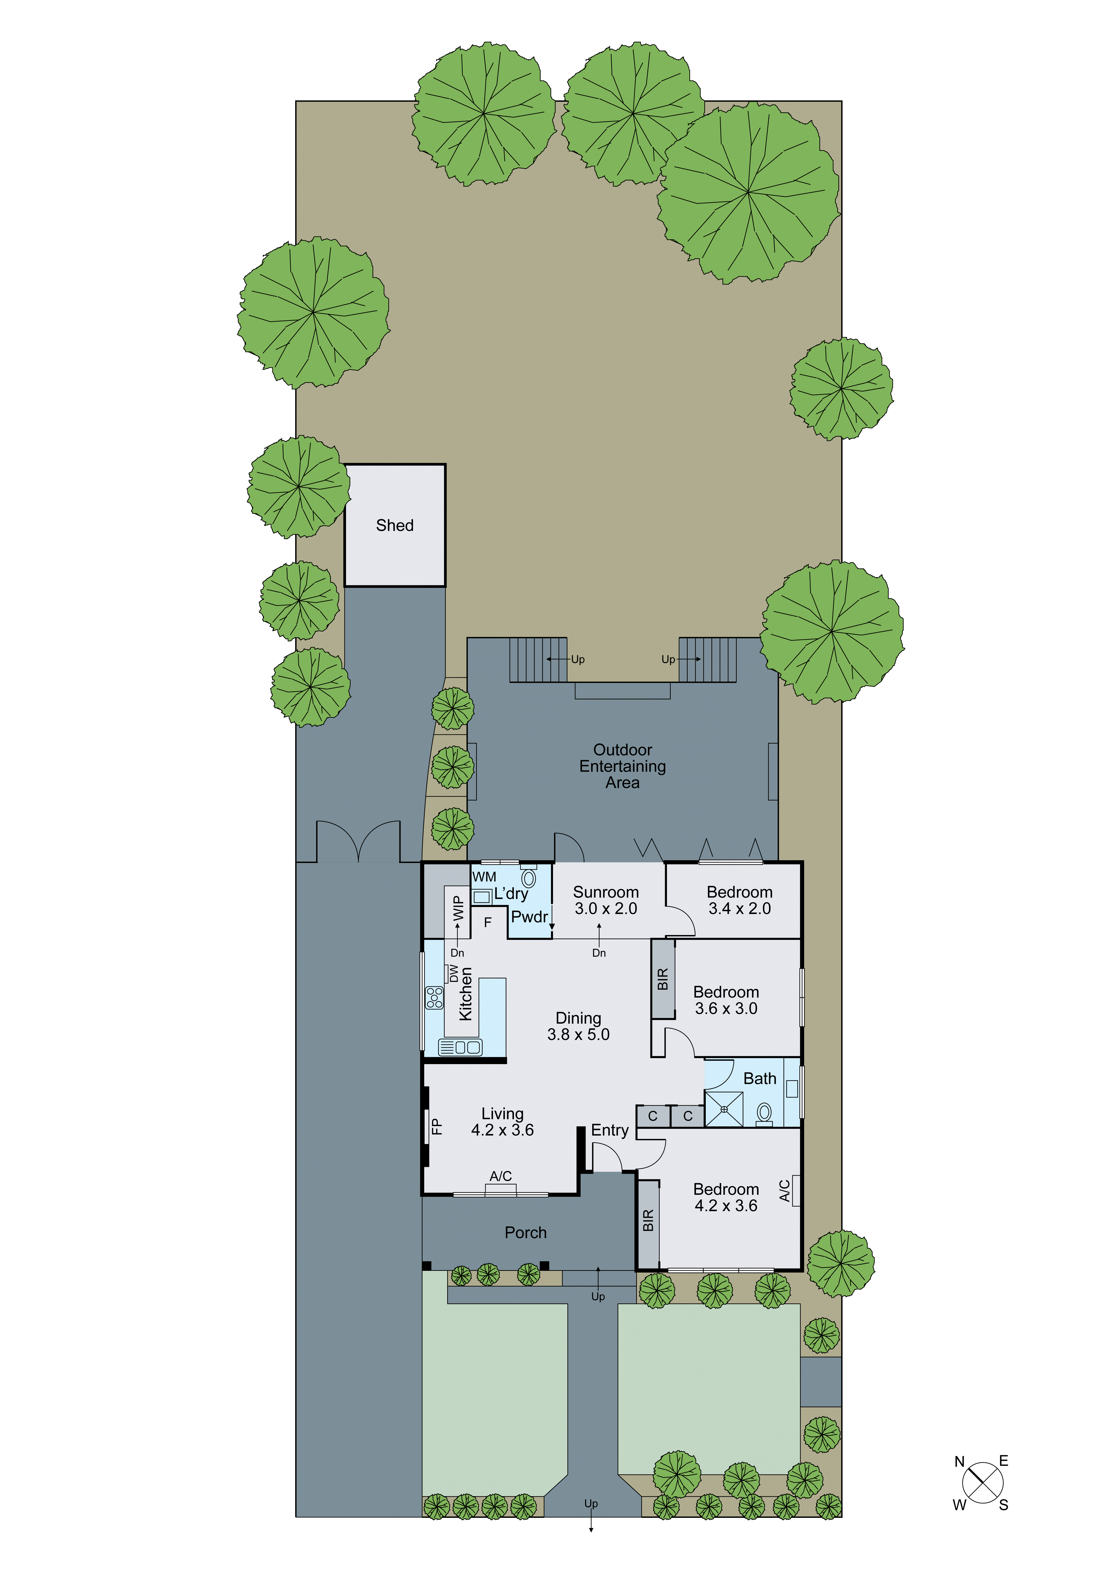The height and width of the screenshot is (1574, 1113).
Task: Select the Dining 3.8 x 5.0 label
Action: click(x=578, y=1026)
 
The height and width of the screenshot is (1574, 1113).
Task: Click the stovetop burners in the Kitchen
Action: click(x=434, y=998)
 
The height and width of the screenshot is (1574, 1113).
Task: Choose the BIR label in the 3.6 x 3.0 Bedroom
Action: click(x=662, y=979)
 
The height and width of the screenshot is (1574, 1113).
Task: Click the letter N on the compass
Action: click(x=960, y=1462)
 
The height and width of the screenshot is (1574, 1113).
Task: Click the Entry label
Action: click(x=610, y=1131)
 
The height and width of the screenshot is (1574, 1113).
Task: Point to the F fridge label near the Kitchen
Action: click(x=488, y=923)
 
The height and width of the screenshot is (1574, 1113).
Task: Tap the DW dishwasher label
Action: click(x=453, y=974)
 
